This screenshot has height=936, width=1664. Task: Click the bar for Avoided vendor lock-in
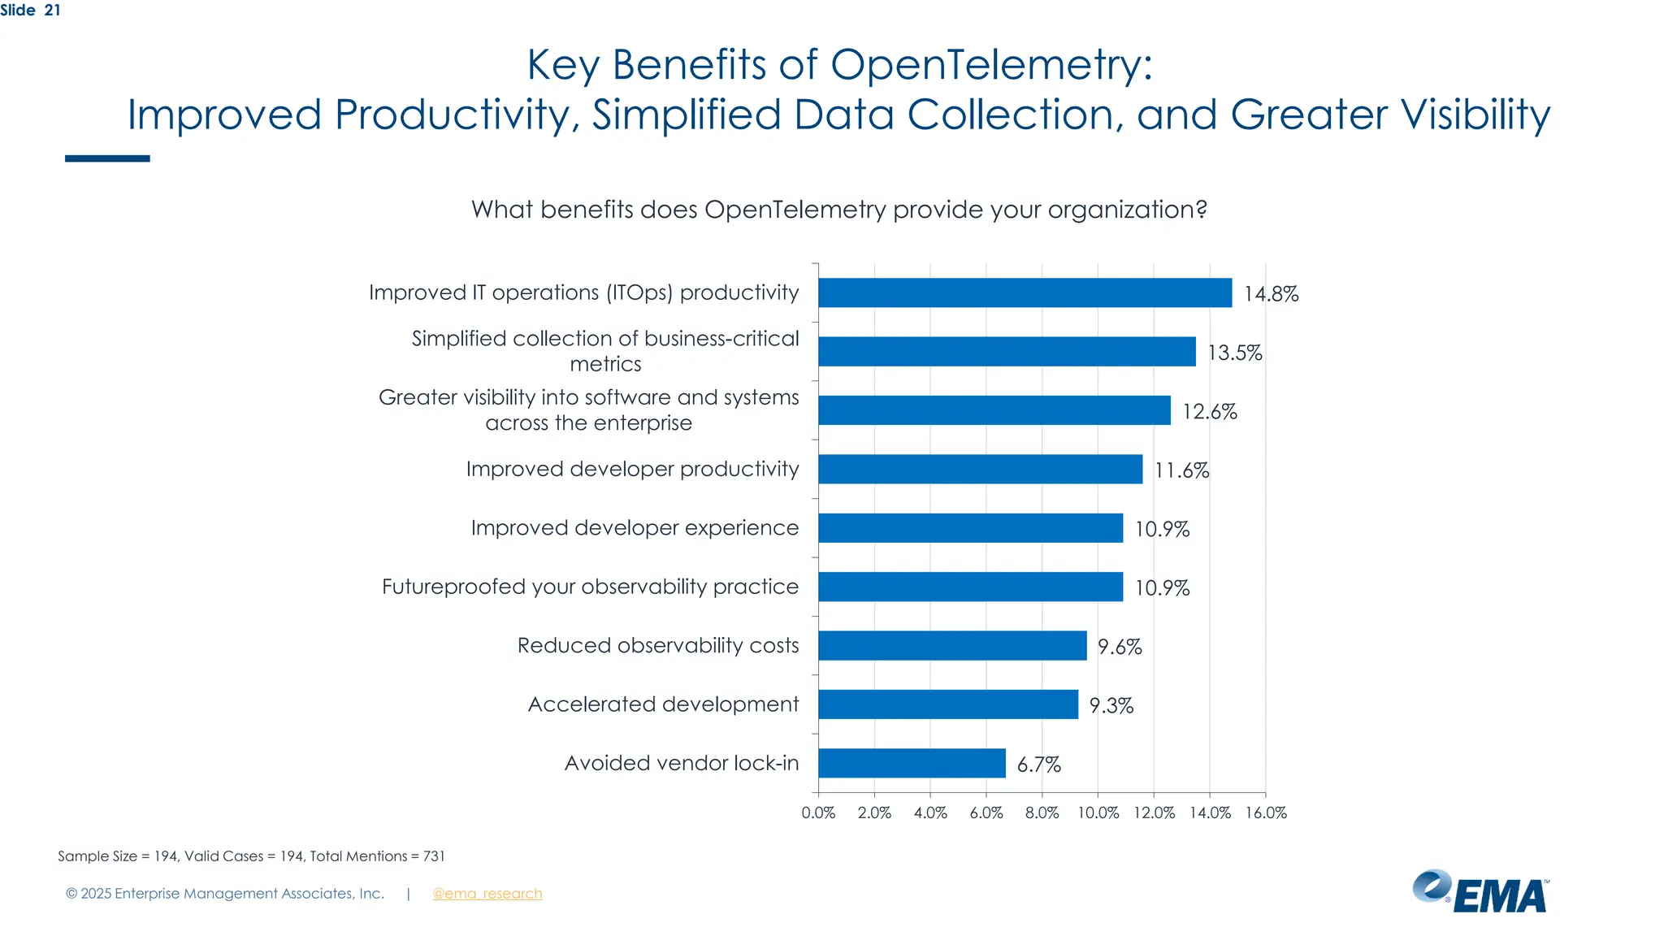coord(912,763)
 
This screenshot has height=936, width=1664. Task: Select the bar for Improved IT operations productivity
coord(1025,292)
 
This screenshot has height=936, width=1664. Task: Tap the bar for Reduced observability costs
coord(952,645)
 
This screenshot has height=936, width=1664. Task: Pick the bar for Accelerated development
coord(948,704)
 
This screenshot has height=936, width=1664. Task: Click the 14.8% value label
coord(1271,294)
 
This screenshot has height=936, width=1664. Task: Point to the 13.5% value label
coord(1234,353)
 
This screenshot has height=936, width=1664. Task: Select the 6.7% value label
coord(1038,765)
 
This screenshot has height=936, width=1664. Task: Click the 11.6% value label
coord(1181,470)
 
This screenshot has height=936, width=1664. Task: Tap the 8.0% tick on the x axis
coord(1042,812)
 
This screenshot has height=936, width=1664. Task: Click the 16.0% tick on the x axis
coord(1265,812)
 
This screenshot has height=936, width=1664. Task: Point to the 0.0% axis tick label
coord(818,812)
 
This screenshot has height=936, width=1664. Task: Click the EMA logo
coord(1480,892)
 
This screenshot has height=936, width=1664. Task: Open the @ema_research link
coord(487,894)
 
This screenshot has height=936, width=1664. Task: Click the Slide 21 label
coord(30,11)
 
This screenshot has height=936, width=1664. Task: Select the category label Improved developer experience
coord(635,528)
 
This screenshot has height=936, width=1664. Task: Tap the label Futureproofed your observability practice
coord(590,587)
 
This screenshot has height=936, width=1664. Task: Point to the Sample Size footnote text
coord(251,856)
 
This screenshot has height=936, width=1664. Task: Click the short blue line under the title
coord(107,158)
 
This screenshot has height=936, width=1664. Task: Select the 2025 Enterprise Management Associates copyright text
coord(224,894)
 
